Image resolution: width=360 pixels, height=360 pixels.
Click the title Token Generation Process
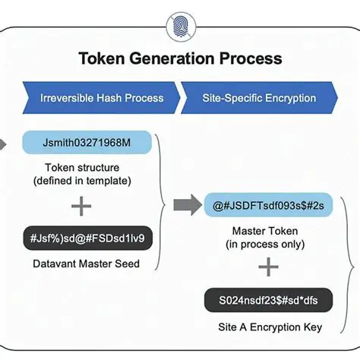pos(180,58)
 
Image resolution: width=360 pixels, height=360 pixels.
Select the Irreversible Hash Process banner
pos(102,98)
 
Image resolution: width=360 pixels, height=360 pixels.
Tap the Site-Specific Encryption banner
pos(258,98)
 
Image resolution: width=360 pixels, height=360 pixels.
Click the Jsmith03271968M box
pos(87,143)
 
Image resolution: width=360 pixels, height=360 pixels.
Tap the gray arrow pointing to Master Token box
pos(184,204)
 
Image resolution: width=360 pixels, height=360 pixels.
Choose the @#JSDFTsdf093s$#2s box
pos(269,204)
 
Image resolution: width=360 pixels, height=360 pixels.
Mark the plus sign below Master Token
pos(268,267)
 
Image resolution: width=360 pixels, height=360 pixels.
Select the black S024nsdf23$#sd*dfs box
pos(269,301)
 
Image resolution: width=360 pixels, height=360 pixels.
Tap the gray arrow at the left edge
pos(4,143)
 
